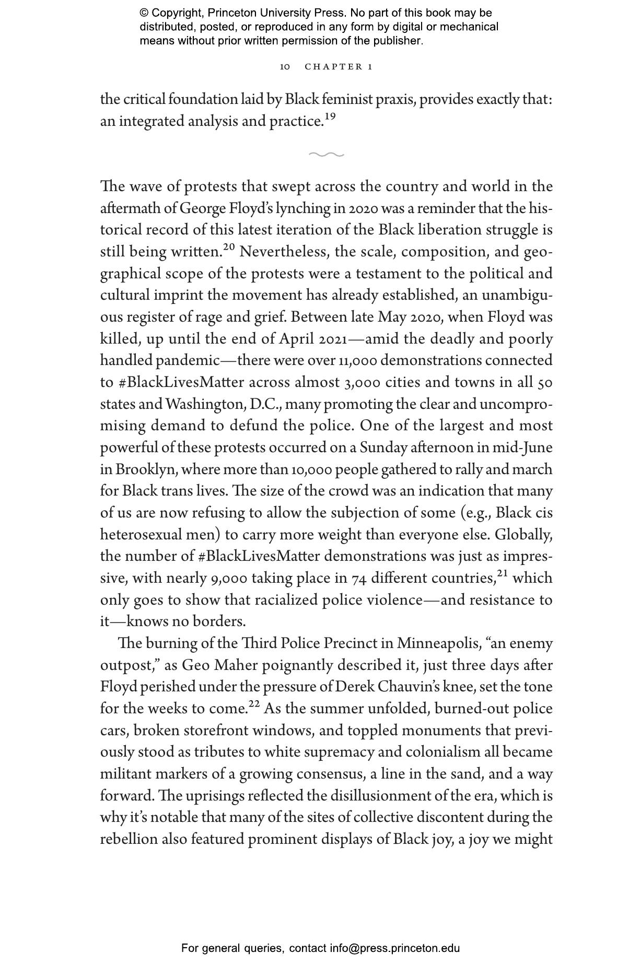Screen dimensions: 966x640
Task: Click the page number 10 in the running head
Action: [285, 67]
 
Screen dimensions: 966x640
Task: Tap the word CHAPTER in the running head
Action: [334, 67]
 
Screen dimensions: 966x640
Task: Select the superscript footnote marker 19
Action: [330, 117]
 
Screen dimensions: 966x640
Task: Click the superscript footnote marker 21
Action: [502, 574]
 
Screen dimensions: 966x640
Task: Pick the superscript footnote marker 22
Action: [254, 704]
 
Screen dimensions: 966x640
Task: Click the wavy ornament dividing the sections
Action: [327, 155]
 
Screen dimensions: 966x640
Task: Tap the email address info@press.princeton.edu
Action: [394, 948]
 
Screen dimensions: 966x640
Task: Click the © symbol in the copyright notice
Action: [144, 13]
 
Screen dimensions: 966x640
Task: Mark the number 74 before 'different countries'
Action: [359, 579]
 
